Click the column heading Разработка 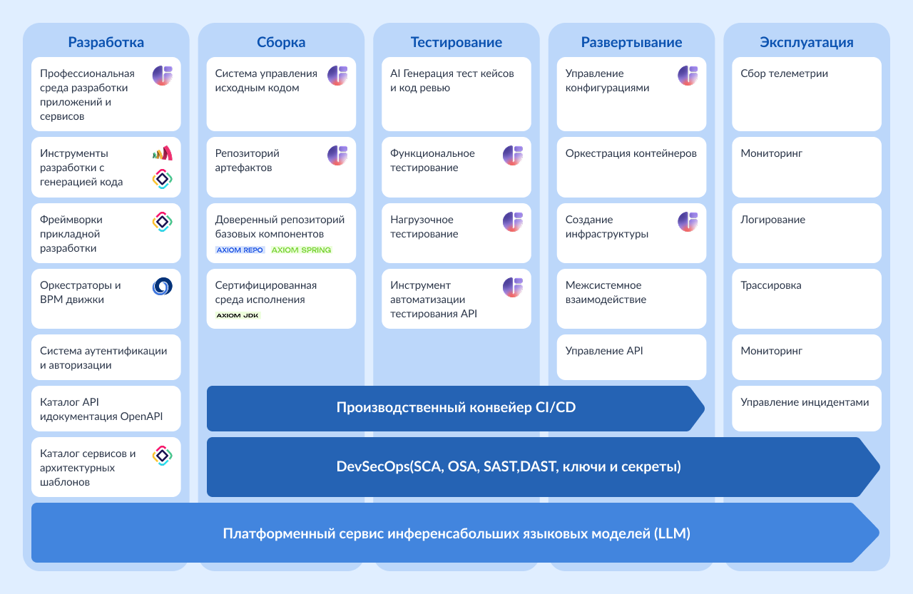106,42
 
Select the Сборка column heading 281,42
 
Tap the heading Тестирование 456,42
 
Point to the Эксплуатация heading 806,42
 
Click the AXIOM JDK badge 238,315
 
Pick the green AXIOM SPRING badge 302,250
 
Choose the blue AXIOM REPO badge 240,250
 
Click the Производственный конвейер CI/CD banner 455,409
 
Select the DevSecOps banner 508,467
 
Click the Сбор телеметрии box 806,94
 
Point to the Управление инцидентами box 806,409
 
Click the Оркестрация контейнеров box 631,167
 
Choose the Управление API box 631,357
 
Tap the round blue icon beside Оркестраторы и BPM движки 163,287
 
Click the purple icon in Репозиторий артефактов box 337,155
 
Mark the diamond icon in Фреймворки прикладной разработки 163,222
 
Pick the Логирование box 806,233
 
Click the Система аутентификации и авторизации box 106,358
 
